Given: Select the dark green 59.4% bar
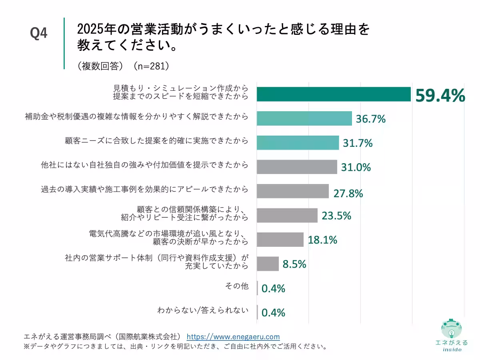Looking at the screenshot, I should (x=334, y=94).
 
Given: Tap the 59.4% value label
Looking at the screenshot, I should (x=440, y=96).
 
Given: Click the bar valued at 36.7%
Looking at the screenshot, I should (x=304, y=118).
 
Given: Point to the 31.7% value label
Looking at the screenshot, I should (x=357, y=143).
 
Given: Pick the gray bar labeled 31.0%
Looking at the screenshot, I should (x=297, y=167).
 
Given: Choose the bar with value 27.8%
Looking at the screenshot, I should (x=292, y=191).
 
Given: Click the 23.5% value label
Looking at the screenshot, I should (x=336, y=216).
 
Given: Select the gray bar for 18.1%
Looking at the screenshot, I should (x=280, y=240).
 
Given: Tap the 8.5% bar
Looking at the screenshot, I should (x=268, y=264).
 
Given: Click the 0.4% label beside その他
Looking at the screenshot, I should (x=273, y=288).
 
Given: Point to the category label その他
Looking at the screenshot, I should (x=237, y=286).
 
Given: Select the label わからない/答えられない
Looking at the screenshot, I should (x=203, y=310).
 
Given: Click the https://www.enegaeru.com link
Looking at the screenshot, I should (x=233, y=337).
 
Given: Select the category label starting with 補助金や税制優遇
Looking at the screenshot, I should (x=136, y=116).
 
